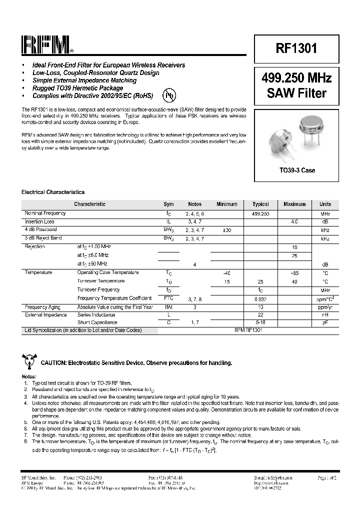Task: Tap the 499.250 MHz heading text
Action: [x=296, y=79]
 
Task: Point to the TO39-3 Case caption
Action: [x=297, y=170]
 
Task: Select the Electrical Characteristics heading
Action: [x=53, y=192]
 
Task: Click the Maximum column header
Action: [x=294, y=204]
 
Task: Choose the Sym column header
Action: [x=168, y=204]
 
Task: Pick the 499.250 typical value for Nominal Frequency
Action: [x=260, y=213]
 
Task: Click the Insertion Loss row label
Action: [x=40, y=221]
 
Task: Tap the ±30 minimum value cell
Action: [x=227, y=230]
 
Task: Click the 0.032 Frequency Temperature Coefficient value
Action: [x=260, y=298]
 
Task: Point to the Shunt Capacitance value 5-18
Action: [x=260, y=323]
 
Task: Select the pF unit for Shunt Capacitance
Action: [x=325, y=323]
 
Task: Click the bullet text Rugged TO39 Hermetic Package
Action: [x=77, y=88]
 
